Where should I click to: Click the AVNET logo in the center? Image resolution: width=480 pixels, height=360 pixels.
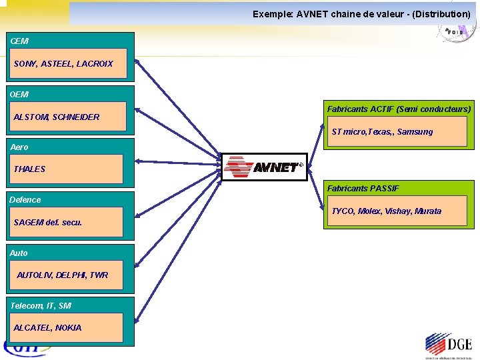point(264,167)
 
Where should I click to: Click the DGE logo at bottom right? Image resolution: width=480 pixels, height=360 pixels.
point(448,345)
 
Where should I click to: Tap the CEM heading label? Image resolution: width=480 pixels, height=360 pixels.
point(19,41)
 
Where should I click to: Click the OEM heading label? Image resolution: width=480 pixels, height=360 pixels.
point(19,95)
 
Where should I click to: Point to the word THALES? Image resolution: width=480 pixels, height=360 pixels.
point(30,169)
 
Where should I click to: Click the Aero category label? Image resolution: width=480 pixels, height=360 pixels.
point(19,147)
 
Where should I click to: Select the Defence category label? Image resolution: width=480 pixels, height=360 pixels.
point(25,199)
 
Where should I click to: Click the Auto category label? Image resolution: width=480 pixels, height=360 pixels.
point(19,253)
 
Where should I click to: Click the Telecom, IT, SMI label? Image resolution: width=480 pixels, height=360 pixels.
point(41,305)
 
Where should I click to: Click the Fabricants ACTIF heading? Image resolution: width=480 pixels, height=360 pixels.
point(399,109)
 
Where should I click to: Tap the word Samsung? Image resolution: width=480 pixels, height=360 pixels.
point(415,132)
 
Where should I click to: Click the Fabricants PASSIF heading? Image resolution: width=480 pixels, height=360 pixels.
point(363,189)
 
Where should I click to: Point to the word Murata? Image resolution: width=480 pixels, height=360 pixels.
point(427,211)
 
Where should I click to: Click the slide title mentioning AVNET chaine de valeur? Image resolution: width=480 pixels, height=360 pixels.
point(361,13)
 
